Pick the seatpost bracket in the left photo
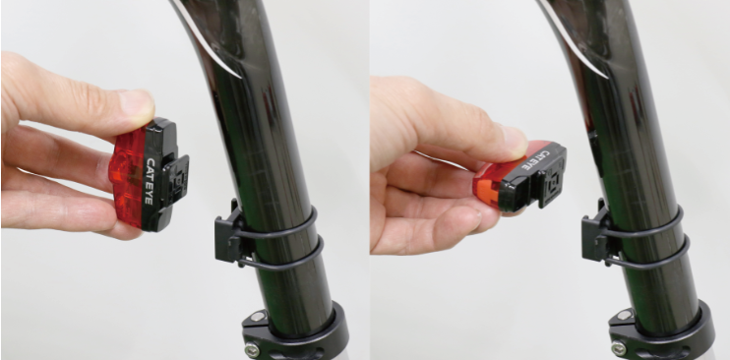(229, 234)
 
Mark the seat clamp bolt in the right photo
(618, 348)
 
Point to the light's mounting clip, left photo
(178, 181)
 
